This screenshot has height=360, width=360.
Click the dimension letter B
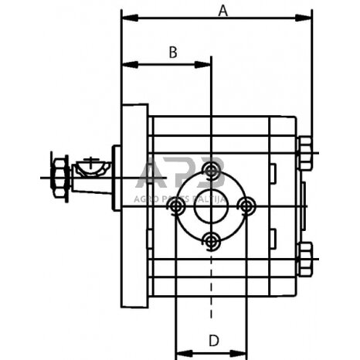click(174, 53)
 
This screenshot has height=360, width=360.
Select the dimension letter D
click(212, 339)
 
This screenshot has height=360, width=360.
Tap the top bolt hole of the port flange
click(211, 170)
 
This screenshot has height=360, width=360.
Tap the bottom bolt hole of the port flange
click(211, 243)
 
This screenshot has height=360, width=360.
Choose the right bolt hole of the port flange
click(246, 206)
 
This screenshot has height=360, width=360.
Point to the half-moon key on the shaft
click(90, 166)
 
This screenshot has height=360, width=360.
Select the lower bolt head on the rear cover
click(305, 258)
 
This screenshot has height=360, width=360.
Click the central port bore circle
click(211, 206)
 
